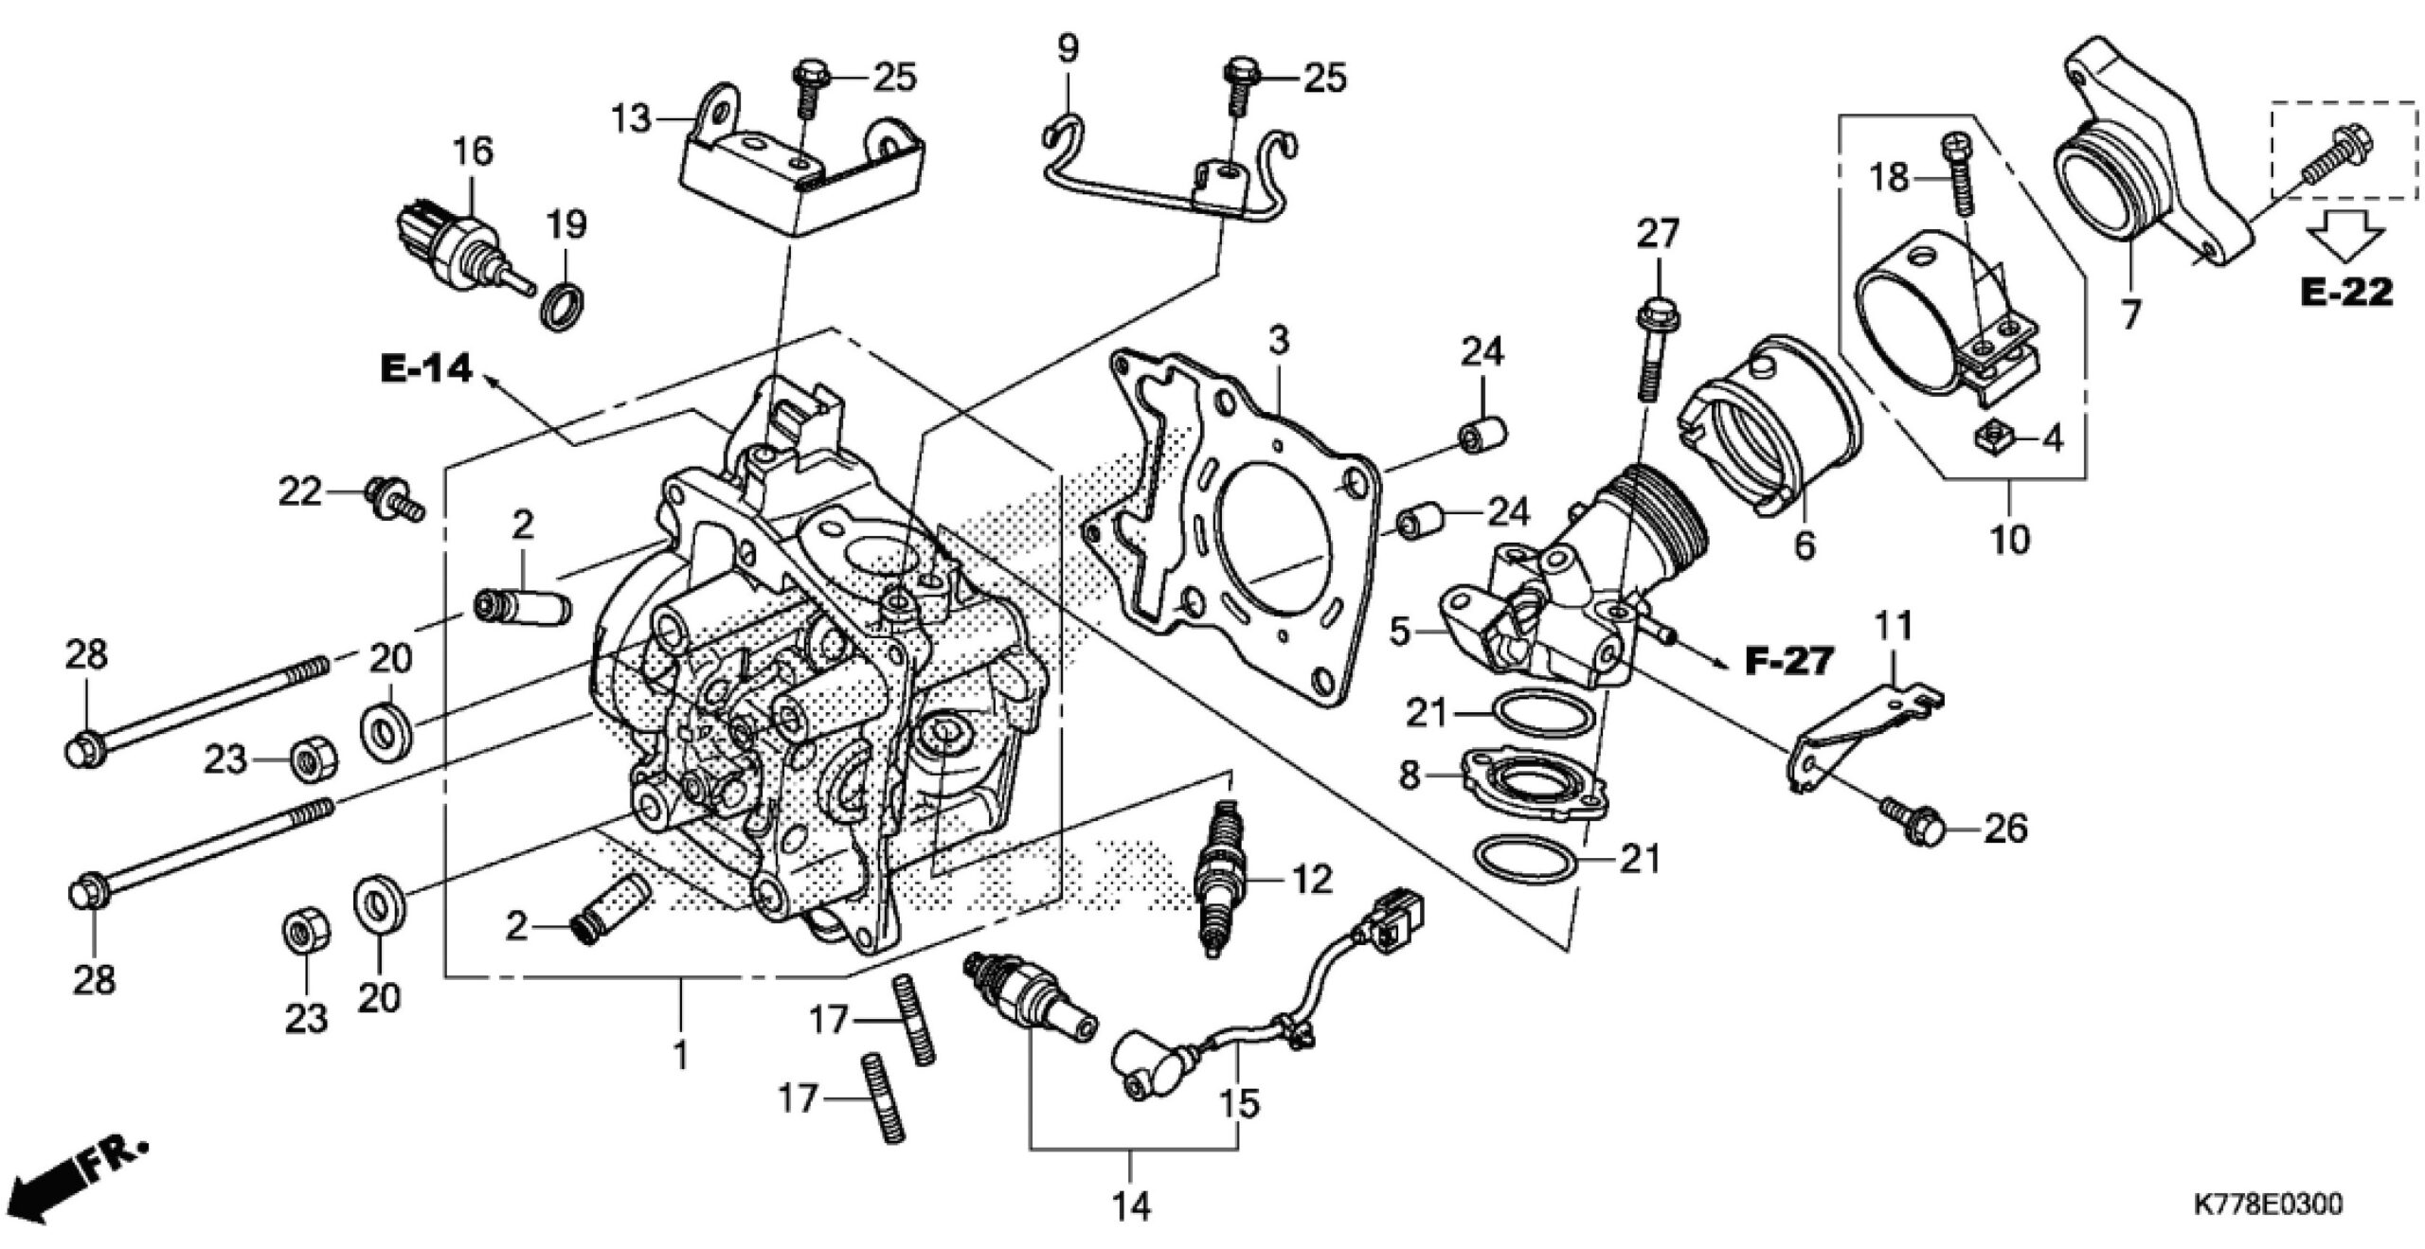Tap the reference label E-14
(426, 369)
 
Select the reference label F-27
(1788, 661)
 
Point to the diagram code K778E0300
(2267, 1205)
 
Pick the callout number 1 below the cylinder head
(679, 1053)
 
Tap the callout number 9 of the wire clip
(1068, 47)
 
